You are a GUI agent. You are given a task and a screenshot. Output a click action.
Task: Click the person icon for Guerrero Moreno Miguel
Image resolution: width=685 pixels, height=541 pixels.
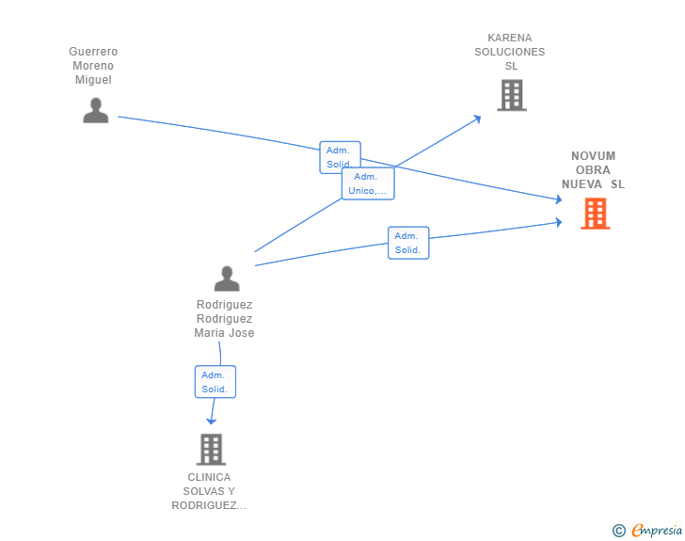[x=96, y=110]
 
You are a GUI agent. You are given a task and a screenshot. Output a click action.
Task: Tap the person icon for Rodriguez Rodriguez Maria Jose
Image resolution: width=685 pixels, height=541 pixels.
[x=227, y=278]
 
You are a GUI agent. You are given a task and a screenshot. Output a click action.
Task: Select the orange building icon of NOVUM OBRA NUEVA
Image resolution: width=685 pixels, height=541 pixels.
[x=596, y=214]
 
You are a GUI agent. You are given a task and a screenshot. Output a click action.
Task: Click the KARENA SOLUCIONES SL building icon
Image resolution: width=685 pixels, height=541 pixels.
[x=512, y=95]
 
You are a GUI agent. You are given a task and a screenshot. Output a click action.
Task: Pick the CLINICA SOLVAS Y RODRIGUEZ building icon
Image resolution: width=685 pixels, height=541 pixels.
[x=212, y=449]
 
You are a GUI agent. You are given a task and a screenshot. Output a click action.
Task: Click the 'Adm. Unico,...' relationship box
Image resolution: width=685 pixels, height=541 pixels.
[x=368, y=183]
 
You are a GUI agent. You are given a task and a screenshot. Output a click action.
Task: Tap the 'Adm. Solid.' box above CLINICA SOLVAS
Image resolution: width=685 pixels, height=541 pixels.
[x=215, y=382]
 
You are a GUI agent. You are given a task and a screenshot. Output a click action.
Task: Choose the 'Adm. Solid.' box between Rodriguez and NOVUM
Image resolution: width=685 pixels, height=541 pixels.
[x=408, y=243]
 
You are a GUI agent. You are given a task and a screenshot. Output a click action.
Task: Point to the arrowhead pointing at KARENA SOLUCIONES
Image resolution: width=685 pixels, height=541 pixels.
[x=477, y=119]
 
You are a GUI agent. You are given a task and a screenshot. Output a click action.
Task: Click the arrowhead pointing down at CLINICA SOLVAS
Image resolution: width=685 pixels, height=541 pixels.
[x=212, y=422]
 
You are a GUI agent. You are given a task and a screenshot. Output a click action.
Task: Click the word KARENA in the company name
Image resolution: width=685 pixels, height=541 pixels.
[x=510, y=38]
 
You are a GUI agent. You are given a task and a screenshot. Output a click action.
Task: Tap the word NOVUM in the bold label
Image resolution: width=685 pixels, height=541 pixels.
[x=593, y=156]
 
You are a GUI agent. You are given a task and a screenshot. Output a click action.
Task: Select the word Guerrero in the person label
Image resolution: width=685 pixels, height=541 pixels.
[x=93, y=52]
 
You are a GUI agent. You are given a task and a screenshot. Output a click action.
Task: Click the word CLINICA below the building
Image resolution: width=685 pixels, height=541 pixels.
[x=209, y=477]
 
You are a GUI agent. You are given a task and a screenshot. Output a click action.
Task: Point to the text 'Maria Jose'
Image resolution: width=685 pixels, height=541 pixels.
[x=224, y=333]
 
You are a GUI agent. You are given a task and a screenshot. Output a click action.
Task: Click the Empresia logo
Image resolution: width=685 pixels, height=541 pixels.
[x=657, y=530]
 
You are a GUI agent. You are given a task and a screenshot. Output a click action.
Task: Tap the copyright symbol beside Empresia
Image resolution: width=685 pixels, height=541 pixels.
[x=619, y=531]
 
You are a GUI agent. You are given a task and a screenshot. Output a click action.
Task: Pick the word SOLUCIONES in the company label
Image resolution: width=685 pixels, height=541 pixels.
[x=510, y=52]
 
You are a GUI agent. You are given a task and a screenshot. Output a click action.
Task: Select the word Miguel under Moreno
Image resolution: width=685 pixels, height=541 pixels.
[x=93, y=80]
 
